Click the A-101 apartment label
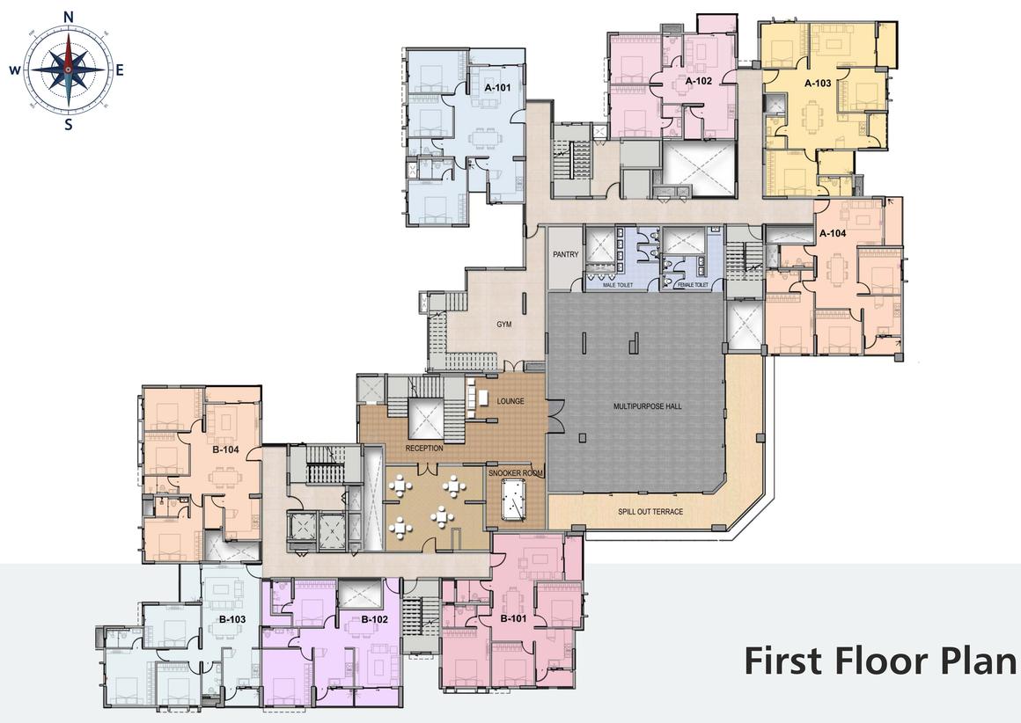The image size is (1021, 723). click(497, 87)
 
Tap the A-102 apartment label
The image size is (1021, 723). click(699, 81)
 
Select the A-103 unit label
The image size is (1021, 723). click(818, 83)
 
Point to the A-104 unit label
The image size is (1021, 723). click(833, 233)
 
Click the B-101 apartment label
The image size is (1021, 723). click(513, 618)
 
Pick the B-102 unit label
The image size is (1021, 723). click(374, 619)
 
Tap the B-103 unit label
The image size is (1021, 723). click(231, 619)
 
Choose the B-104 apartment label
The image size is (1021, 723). click(226, 449)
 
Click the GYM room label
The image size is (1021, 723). click(504, 324)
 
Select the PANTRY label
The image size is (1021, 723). click(566, 254)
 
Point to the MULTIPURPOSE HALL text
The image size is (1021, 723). click(647, 406)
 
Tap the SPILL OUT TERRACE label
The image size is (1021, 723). click(650, 512)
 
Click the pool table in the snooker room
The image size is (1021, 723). click(514, 499)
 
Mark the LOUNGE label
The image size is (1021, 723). click(510, 401)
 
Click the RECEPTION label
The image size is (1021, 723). click(424, 449)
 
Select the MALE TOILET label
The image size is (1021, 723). click(618, 285)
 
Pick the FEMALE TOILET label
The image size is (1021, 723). click(692, 285)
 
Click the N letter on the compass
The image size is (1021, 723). click(69, 18)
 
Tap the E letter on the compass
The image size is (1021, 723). click(120, 70)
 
